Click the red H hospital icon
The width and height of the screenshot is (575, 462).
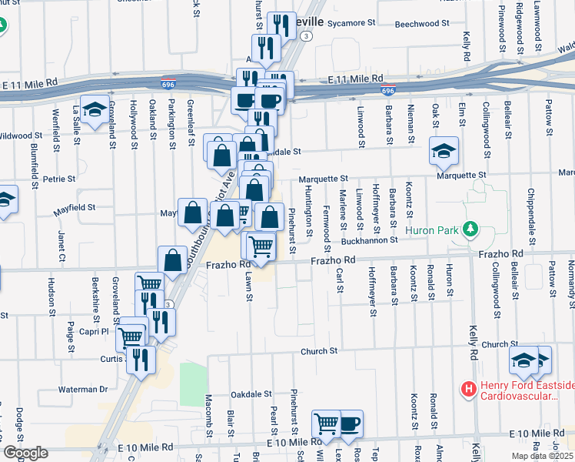467,389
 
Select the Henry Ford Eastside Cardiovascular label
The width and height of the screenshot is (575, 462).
527,391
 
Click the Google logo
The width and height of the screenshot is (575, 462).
25,453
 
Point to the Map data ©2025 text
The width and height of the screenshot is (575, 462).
542,456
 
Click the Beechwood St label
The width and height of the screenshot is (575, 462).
420,24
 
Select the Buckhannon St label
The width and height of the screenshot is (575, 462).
369,240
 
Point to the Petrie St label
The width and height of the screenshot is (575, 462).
60,179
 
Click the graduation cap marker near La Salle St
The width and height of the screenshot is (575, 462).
95,111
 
